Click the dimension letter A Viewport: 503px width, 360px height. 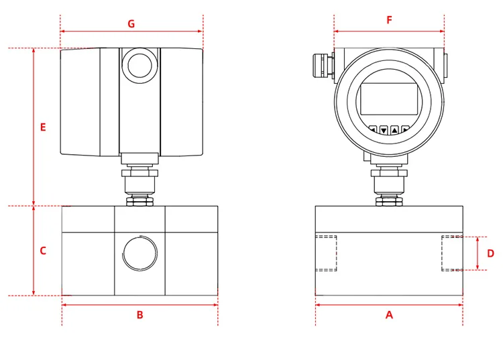tap(389, 314)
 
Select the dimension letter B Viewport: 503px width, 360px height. tap(139, 314)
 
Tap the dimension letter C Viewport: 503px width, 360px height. tap(43, 251)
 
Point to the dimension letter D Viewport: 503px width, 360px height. tap(490, 253)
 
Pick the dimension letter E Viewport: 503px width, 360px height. tap(43, 127)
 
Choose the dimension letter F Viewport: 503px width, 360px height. tap(389, 20)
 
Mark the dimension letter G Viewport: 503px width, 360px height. tap(131, 24)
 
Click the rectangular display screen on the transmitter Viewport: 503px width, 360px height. tap(389, 99)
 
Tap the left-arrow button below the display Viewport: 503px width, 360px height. tap(373, 130)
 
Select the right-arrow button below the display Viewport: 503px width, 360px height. tap(406, 130)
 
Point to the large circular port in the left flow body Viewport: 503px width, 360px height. tap(139, 253)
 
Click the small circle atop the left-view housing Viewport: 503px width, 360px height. tap(139, 66)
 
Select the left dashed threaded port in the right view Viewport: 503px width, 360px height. tap(326, 253)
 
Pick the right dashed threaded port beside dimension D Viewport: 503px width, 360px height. tap(452, 253)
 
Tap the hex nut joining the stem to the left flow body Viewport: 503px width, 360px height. tap(139, 200)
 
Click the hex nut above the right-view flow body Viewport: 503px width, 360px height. tap(389, 200)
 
